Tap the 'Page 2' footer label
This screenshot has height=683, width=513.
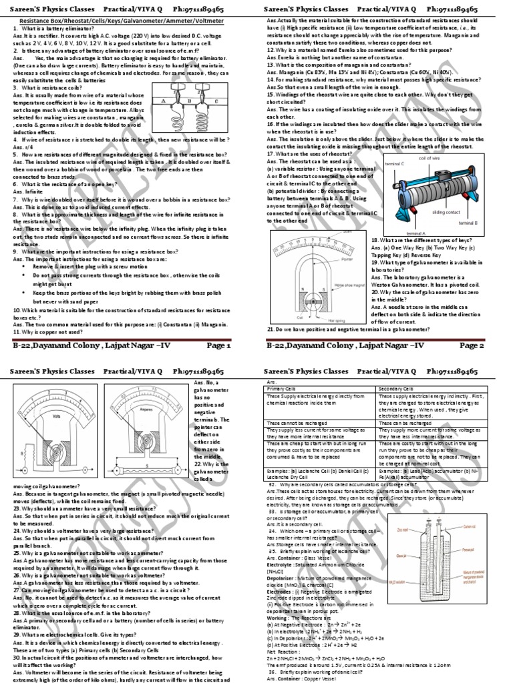pos(472,346)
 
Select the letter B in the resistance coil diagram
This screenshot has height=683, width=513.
pos(182,101)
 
